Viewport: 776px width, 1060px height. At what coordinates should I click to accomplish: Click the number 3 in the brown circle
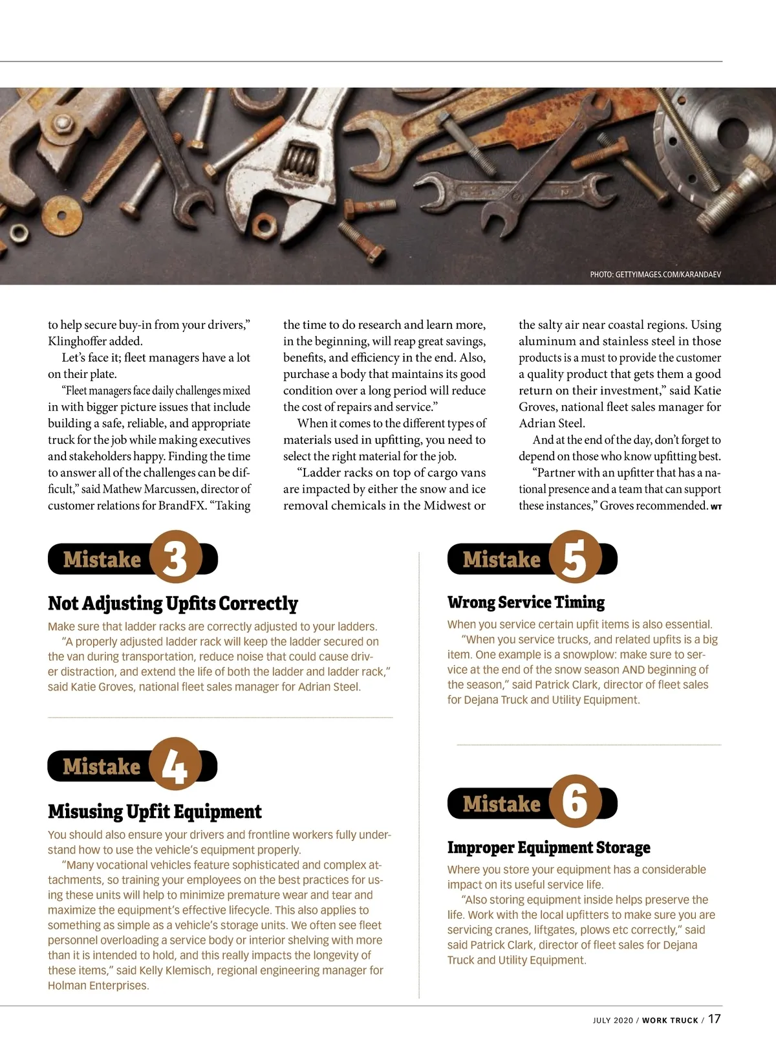[x=175, y=558]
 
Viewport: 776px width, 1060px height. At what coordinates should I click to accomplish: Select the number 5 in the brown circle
[x=575, y=558]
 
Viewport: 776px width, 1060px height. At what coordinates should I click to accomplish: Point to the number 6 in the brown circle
[x=575, y=802]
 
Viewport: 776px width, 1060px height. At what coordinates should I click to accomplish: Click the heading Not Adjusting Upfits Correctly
[x=173, y=603]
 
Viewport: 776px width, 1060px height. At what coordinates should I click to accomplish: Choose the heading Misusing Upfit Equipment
[x=155, y=812]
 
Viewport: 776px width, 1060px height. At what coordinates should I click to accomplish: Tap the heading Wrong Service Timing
[x=526, y=602]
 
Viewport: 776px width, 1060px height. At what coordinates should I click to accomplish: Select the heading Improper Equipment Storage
[x=548, y=848]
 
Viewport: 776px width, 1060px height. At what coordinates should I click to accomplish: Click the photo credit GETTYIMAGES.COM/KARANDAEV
[x=655, y=274]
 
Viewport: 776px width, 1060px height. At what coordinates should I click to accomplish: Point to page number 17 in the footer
[x=714, y=1019]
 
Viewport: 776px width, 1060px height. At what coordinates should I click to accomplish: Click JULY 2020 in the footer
[x=612, y=1021]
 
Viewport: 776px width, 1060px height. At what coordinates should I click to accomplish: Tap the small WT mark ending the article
[x=716, y=507]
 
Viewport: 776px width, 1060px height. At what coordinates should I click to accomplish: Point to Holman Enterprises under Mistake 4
[x=98, y=986]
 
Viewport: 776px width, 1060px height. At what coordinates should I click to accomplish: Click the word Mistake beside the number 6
[x=501, y=804]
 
